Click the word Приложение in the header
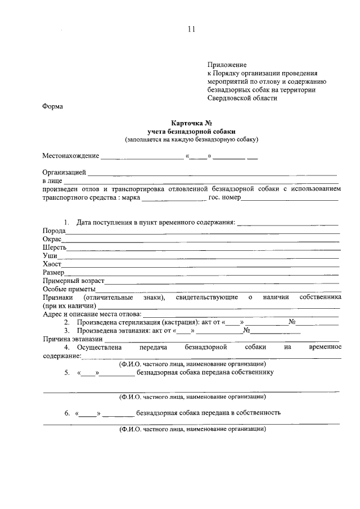(x=227, y=65)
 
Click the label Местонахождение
(x=70, y=156)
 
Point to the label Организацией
(x=64, y=172)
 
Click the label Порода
(x=54, y=231)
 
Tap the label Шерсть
(x=55, y=247)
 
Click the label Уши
(x=49, y=256)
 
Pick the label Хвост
(x=52, y=264)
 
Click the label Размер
(x=53, y=272)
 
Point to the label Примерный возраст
(x=73, y=281)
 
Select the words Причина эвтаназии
(x=73, y=339)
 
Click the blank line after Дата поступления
(x=287, y=223)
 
